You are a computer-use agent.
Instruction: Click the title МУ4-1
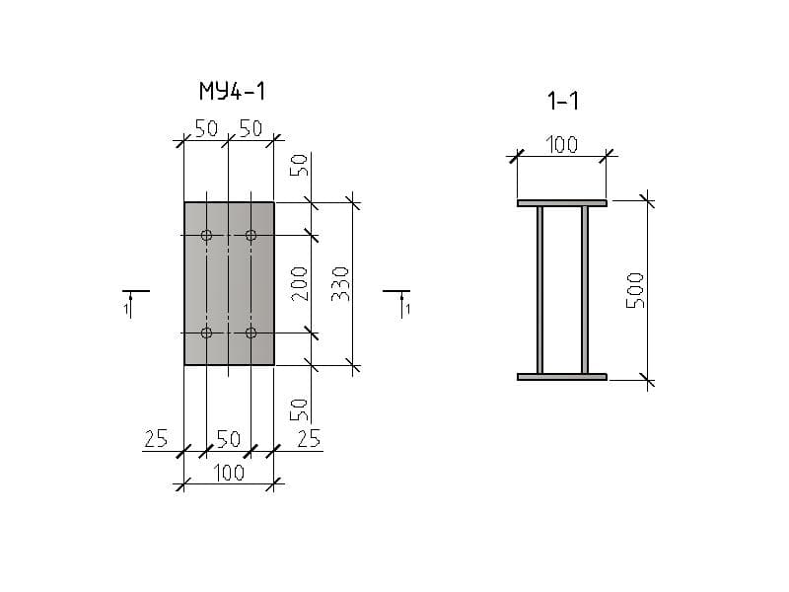232,91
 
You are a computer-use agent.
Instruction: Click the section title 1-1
563,101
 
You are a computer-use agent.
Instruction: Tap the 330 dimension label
340,284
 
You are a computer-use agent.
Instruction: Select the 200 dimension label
299,284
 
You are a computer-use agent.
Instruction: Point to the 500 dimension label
635,290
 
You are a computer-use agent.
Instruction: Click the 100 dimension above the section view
561,145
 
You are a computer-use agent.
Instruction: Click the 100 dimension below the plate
229,473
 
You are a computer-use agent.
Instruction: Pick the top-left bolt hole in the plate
206,235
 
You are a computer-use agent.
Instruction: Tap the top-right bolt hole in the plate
251,235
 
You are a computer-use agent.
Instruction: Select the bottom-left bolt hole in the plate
206,333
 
